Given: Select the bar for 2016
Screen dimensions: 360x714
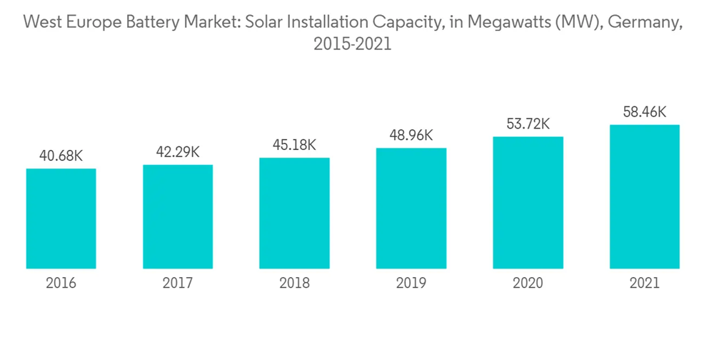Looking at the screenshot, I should click(x=61, y=219).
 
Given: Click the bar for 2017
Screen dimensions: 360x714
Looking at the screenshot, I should click(x=178, y=216).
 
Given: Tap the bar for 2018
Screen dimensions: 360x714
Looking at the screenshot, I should click(x=294, y=213).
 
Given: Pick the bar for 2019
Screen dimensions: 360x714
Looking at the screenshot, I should click(x=411, y=208).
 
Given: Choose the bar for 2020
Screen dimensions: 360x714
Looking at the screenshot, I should click(x=528, y=202).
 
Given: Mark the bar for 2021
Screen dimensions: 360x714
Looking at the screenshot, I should click(x=644, y=196).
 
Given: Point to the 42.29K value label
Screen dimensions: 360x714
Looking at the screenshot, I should click(x=178, y=151).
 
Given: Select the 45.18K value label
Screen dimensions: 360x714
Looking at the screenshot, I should click(x=294, y=145).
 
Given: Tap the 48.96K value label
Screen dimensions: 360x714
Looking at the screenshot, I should click(x=411, y=135).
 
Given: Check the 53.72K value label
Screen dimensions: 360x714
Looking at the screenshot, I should click(x=528, y=124).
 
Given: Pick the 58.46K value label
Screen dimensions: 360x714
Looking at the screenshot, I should click(x=644, y=111).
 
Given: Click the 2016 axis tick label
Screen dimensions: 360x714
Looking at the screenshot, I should click(x=61, y=284).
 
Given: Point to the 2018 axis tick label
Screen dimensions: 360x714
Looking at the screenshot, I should click(x=294, y=284).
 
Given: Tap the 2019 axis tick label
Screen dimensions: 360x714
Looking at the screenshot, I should click(x=411, y=284).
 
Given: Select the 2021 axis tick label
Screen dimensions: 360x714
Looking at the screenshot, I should click(x=644, y=284).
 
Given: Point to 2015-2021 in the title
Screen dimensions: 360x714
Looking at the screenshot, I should click(x=353, y=44).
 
